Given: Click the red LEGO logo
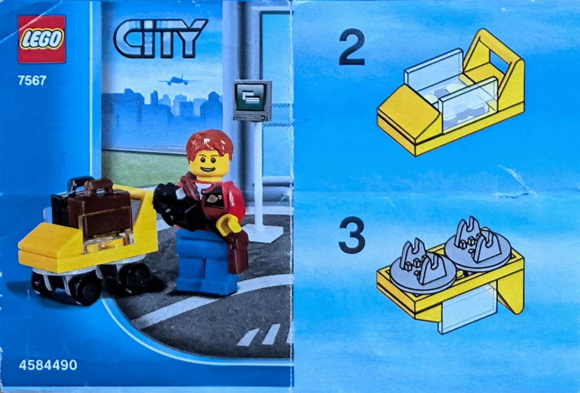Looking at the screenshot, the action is point(42,39).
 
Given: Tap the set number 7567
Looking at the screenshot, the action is point(32,80).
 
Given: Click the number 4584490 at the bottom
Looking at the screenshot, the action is point(48,365).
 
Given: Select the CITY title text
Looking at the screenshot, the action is point(160,39).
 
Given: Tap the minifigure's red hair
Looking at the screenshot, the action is point(209,145).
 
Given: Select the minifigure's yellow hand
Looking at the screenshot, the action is point(229,225).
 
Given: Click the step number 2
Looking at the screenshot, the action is point(352,47).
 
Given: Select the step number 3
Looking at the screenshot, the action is point(352,235).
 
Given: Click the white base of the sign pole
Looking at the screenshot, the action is point(263,233).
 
